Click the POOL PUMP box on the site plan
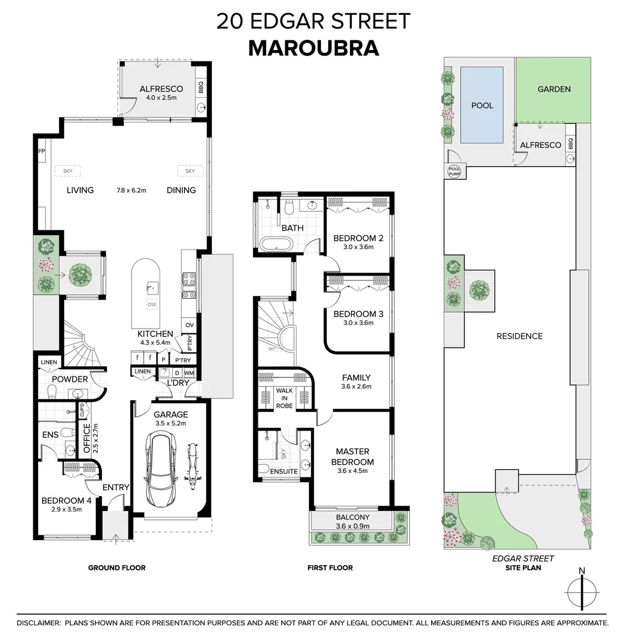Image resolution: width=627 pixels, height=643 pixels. click(x=454, y=171)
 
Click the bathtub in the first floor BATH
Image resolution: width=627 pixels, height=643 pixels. click(x=276, y=243)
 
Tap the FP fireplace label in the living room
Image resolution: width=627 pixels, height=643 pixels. click(x=42, y=151)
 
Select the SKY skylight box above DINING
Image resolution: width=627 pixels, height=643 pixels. click(x=190, y=171)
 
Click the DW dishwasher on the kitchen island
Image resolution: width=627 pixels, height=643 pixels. click(x=152, y=305)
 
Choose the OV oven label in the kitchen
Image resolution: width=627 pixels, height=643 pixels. click(x=189, y=325)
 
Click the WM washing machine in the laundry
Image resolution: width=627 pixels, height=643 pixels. click(x=189, y=373)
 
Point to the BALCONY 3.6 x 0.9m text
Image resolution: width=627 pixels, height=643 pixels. click(x=353, y=522)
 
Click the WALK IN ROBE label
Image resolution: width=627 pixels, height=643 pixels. click(x=284, y=398)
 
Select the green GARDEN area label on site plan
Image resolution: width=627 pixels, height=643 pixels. click(x=554, y=89)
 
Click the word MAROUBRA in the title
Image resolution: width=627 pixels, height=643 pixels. click(x=313, y=48)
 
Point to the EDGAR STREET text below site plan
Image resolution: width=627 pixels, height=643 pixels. click(x=523, y=558)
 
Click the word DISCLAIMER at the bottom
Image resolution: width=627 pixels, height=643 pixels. click(x=38, y=623)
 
